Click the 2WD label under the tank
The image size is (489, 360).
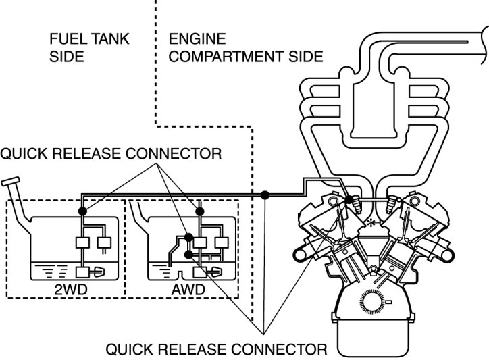71,290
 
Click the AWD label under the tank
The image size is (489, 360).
188,290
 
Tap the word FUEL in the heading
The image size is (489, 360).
66,39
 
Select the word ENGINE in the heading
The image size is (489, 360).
197,39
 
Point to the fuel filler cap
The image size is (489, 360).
10,182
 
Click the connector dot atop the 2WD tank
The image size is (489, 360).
82,211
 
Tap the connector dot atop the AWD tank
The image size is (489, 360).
200,211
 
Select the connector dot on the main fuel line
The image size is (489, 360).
265,195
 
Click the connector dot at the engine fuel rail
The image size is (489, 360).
350,199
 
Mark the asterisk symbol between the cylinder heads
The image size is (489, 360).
371,223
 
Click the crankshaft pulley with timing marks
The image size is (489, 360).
371,301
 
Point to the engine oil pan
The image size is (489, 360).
373,338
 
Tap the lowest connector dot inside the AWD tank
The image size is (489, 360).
188,255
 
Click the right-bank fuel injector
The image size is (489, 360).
390,204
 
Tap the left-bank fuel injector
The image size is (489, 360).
357,205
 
